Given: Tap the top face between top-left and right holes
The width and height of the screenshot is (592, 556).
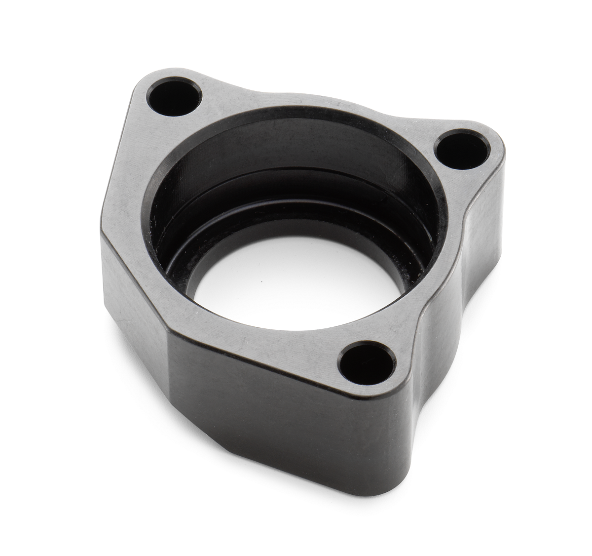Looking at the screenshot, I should click(316, 99).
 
